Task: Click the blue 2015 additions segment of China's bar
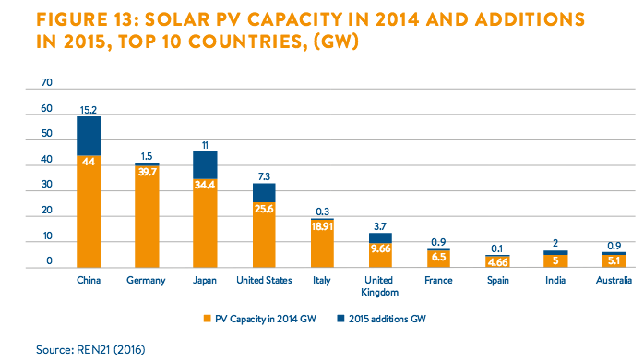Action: coord(89,136)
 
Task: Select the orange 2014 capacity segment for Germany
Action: coord(147,217)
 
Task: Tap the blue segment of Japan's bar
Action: coord(205,165)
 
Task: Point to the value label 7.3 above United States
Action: coord(264,176)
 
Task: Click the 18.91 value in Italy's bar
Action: coord(322,226)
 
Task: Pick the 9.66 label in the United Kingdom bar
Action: coord(380,248)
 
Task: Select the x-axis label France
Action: coord(438,281)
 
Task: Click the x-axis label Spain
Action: coord(498,281)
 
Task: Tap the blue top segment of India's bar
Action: coord(555,253)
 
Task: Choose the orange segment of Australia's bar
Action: coord(614,261)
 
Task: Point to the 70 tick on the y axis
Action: coord(47,82)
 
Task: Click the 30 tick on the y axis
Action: coord(47,184)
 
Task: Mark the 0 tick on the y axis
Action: coord(49,260)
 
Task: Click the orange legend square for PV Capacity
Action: coord(207,319)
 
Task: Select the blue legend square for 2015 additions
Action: coord(340,319)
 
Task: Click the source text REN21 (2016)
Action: coord(111,350)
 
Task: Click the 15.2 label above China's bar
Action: coord(89,110)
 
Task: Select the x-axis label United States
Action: coord(264,281)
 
